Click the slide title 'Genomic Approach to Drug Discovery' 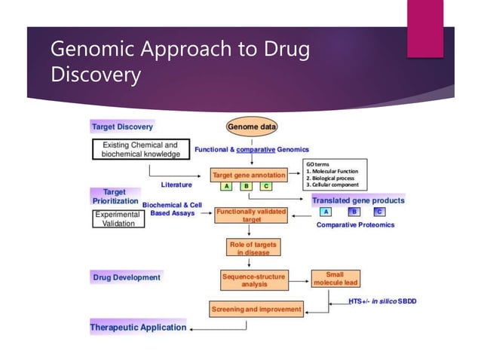tap(180, 63)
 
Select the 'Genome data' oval tap(252, 127)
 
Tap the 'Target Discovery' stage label tap(122, 127)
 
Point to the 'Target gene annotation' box tap(248, 175)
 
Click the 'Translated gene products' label tap(358, 200)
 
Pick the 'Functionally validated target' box tap(251, 216)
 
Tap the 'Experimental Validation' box tap(114, 219)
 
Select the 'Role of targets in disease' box tap(252, 248)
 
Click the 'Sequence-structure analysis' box tap(253, 280)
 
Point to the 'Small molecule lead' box tap(335, 279)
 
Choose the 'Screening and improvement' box tap(256, 309)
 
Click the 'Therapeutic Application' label tap(138, 328)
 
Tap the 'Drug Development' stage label tap(127, 277)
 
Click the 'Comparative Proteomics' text tap(354, 224)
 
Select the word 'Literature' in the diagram tap(176, 184)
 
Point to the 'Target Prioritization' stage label tap(115, 197)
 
